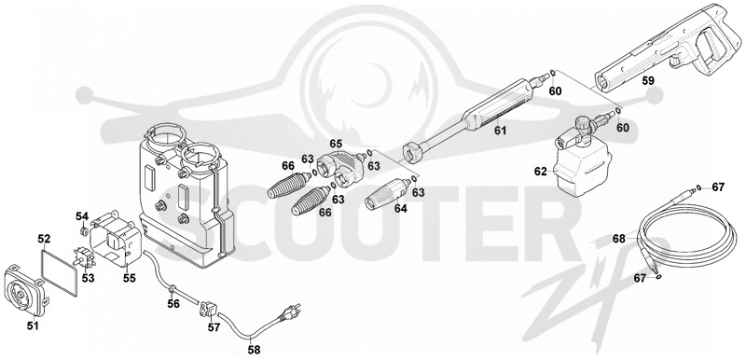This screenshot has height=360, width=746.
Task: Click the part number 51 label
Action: (x=33, y=325)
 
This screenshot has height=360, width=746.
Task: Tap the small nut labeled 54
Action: (x=82, y=231)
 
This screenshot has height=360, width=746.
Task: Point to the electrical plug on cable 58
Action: (x=290, y=312)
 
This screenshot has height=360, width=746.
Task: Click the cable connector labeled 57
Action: (x=209, y=310)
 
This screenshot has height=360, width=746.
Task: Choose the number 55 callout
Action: (x=130, y=278)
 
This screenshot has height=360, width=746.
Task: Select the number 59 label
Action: (x=647, y=81)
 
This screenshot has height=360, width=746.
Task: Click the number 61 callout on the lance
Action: (x=500, y=130)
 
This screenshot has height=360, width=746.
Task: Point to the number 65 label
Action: (x=336, y=144)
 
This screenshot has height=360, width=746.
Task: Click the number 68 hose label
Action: (x=619, y=239)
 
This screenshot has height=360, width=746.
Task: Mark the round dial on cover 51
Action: (x=22, y=293)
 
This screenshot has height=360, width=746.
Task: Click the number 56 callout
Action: (x=173, y=303)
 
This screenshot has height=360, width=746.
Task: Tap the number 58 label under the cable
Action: (x=254, y=350)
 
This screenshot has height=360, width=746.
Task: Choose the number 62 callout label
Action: (x=541, y=172)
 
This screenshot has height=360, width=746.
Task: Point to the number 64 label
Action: (x=401, y=208)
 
